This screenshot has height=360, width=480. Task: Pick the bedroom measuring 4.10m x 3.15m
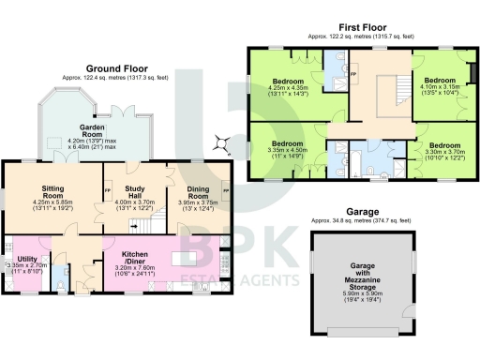(440, 85)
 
